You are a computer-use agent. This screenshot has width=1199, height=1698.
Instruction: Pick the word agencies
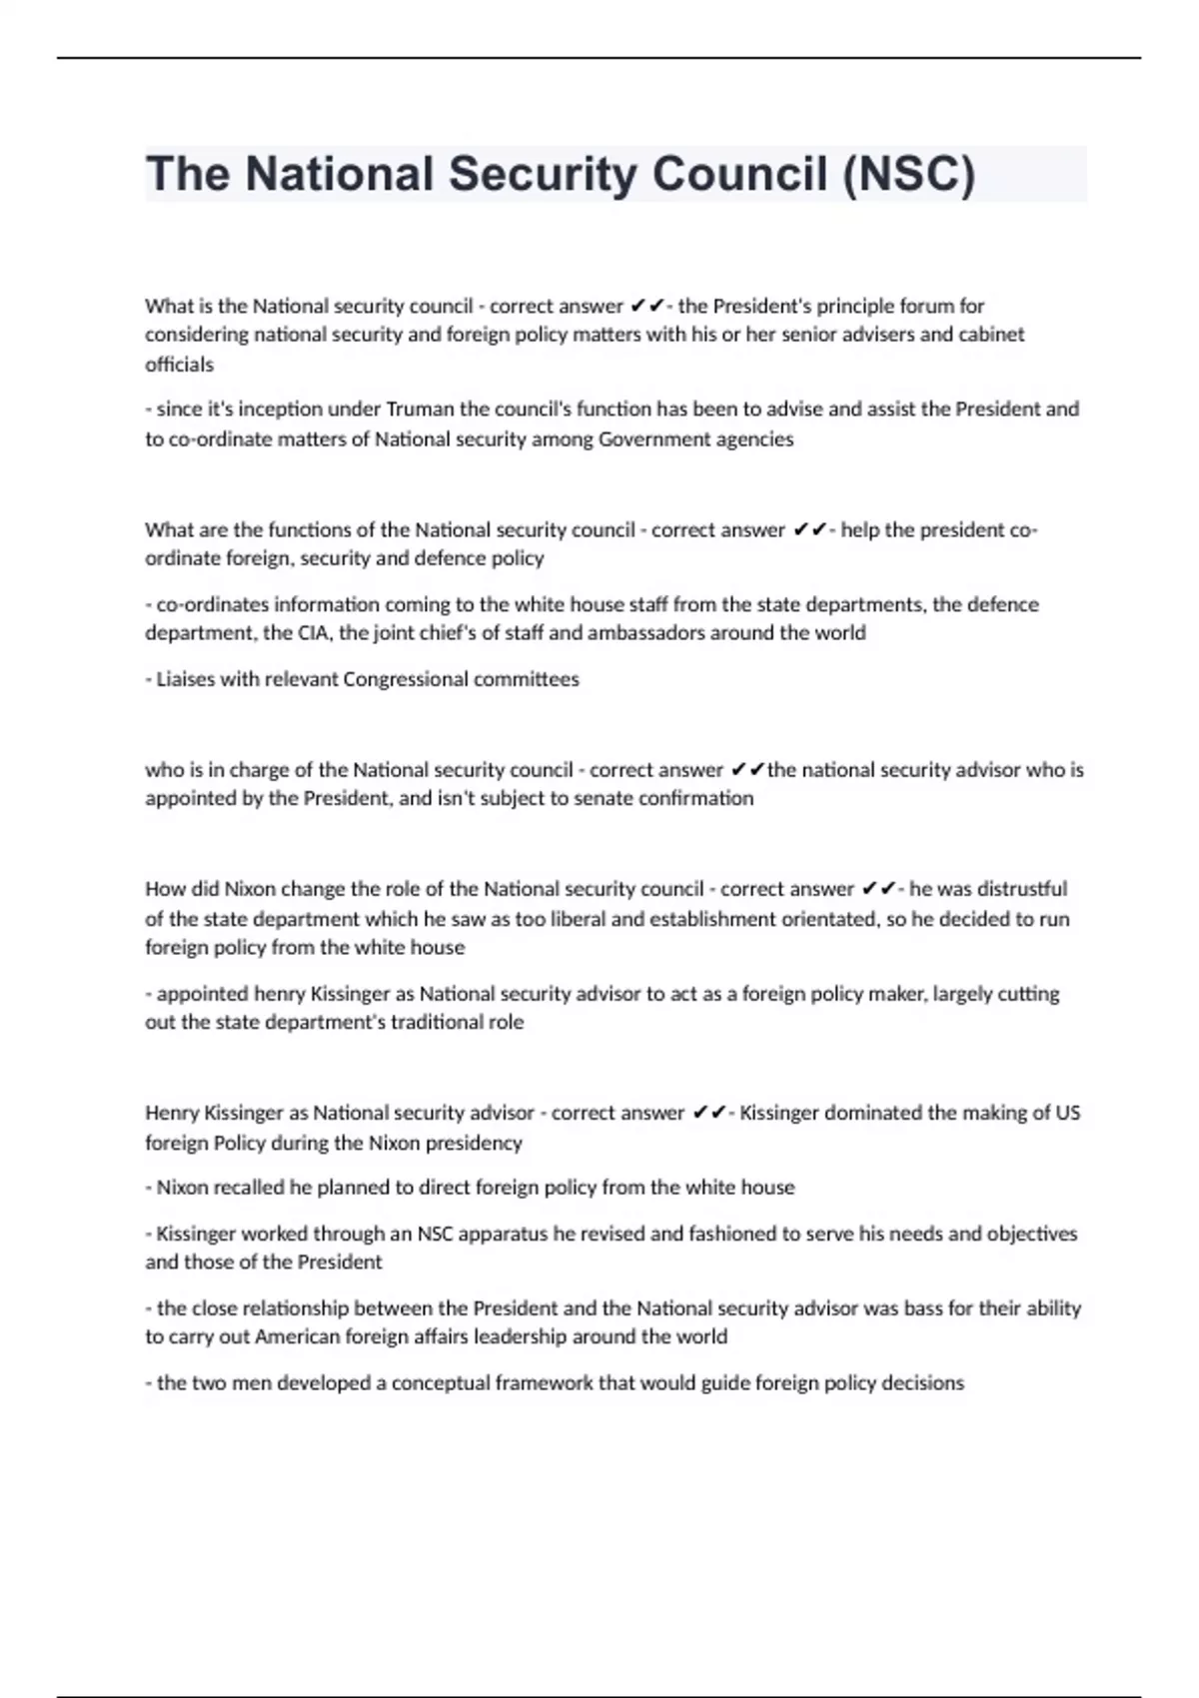click(755, 439)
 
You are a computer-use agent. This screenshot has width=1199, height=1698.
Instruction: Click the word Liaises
click(182, 679)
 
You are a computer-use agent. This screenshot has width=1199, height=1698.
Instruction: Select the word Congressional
click(406, 679)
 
